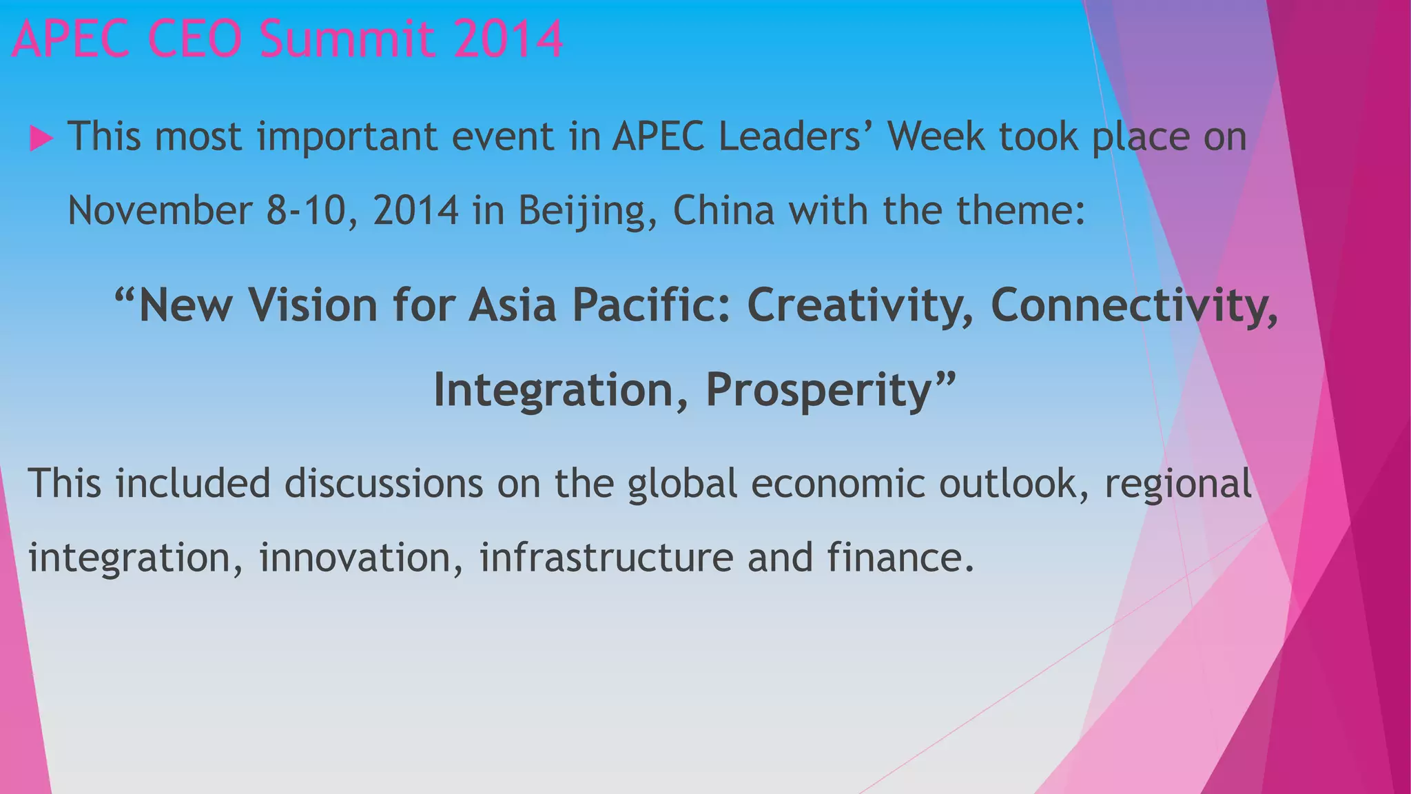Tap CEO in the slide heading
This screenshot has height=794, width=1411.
point(194,39)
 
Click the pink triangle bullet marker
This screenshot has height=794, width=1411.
point(41,139)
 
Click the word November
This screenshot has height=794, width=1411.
point(160,210)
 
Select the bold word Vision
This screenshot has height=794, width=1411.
point(313,305)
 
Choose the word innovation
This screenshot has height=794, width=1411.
point(360,557)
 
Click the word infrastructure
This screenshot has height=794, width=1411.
point(606,557)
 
